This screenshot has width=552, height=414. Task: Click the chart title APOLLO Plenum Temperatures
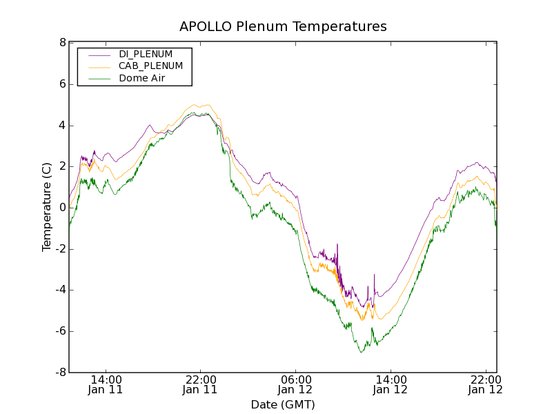point(283,27)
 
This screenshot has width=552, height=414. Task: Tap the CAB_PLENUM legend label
point(150,66)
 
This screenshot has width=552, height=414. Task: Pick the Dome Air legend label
point(141,79)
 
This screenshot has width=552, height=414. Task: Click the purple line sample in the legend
point(99,55)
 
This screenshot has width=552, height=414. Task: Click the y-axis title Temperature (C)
point(47,207)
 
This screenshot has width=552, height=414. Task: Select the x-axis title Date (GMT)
point(283,404)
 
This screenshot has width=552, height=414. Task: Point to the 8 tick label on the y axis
point(63,43)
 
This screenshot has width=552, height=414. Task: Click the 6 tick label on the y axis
point(63,84)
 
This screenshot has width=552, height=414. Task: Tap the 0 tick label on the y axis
point(63,208)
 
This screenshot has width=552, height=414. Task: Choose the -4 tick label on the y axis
point(61,290)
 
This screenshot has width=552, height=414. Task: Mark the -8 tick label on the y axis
point(61,373)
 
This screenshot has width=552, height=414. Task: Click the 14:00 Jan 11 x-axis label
point(106,384)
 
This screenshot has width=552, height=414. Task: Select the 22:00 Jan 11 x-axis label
point(200,384)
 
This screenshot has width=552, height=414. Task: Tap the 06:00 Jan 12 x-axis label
point(295,384)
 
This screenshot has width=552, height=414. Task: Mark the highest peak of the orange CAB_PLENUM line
point(205,105)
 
